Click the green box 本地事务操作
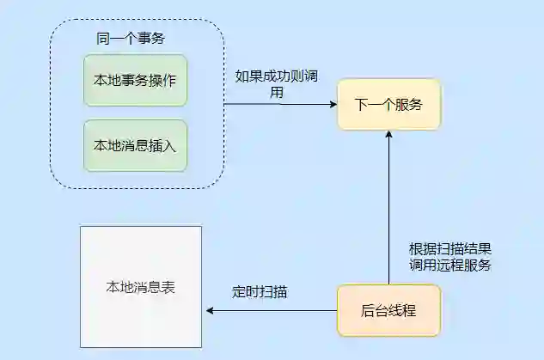[x=135, y=81]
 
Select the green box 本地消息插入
[x=135, y=145]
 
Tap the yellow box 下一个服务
[x=388, y=105]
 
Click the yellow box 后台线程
[x=388, y=310]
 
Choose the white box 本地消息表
[x=140, y=287]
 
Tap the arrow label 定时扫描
[x=260, y=292]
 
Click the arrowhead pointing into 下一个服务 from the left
[x=332, y=105]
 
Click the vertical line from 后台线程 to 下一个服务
[x=388, y=215]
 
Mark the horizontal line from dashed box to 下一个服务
[x=275, y=105]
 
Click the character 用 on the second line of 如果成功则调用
[x=278, y=92]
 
